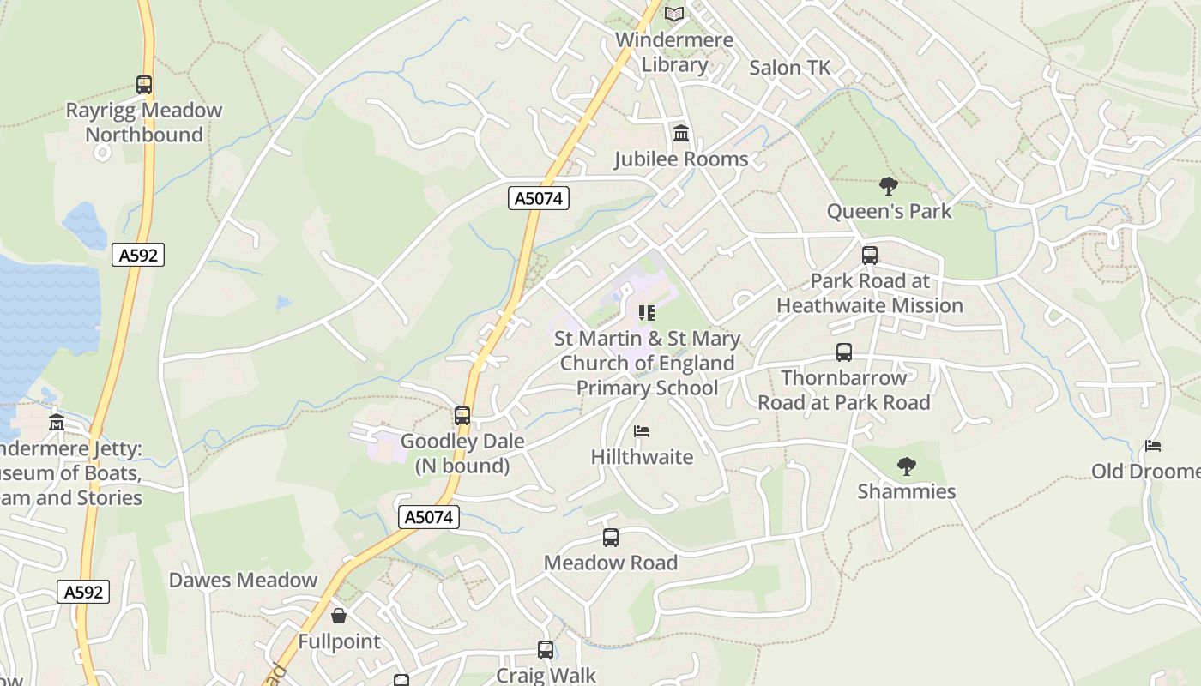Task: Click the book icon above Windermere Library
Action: click(675, 15)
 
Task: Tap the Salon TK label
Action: click(789, 68)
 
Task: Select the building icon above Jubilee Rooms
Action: click(681, 134)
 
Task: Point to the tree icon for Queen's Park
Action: click(889, 185)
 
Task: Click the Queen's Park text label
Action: click(889, 211)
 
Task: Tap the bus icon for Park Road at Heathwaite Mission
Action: click(870, 255)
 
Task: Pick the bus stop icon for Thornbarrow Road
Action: click(844, 352)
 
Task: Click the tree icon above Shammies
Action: click(906, 466)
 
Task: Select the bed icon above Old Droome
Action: click(1153, 446)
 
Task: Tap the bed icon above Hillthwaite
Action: click(642, 431)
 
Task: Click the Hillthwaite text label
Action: click(642, 457)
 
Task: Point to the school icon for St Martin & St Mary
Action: click(647, 313)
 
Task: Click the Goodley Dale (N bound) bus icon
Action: click(462, 416)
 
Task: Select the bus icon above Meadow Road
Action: click(611, 538)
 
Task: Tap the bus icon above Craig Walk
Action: click(546, 650)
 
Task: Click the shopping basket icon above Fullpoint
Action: click(339, 616)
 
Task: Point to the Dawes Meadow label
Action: click(243, 581)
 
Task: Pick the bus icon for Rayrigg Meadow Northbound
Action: click(144, 85)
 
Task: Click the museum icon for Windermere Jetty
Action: click(57, 422)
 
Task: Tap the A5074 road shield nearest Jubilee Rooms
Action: click(539, 199)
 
